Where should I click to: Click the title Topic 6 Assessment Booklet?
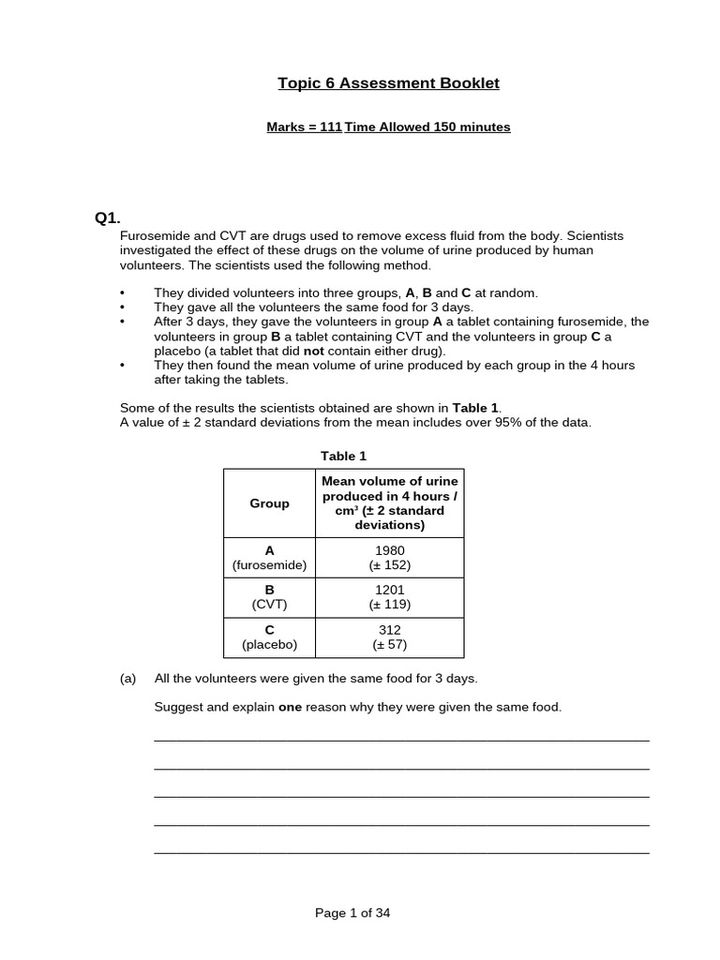tap(388, 83)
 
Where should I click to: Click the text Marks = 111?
tap(304, 127)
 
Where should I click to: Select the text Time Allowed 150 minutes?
tap(427, 127)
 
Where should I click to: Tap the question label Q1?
tap(108, 218)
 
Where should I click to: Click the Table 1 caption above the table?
tap(344, 456)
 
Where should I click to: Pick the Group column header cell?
tap(269, 503)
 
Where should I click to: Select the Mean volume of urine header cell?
tap(389, 503)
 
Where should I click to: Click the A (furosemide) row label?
tap(269, 558)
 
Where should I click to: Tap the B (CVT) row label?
tap(269, 597)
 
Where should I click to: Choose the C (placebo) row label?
tap(269, 637)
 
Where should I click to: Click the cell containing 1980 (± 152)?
tap(389, 558)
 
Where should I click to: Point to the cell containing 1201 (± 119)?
tap(389, 597)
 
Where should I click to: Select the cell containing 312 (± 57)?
tap(389, 637)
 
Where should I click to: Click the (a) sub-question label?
tap(128, 678)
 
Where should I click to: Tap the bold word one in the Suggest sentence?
tap(290, 707)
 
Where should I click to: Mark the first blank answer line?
tap(401, 740)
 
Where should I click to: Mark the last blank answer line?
tap(401, 852)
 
